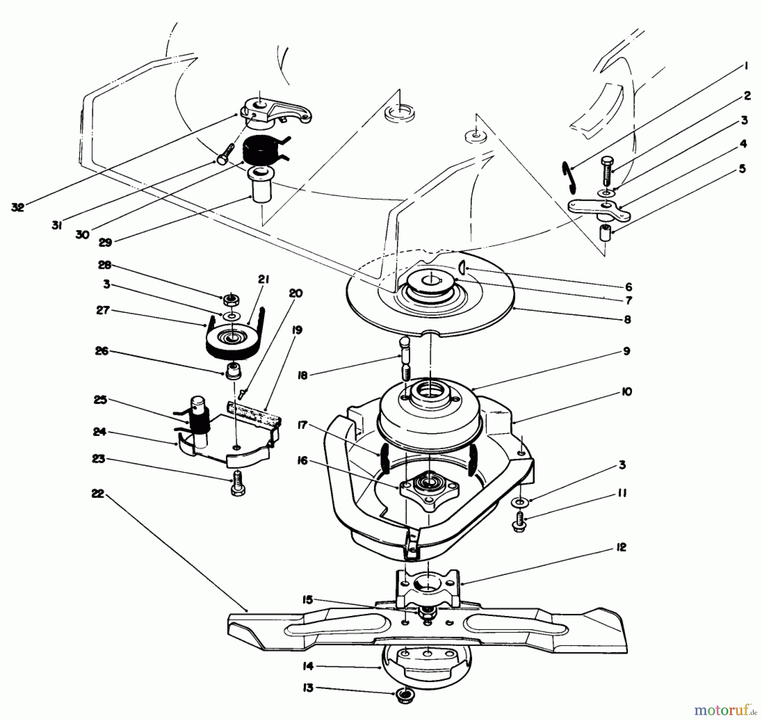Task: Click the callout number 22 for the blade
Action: coord(98,494)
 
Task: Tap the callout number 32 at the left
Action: coord(18,207)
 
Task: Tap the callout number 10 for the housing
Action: coord(627,392)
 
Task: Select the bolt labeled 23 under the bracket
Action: coord(238,485)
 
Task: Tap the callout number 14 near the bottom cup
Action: coord(308,666)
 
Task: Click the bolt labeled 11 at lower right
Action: coord(519,522)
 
